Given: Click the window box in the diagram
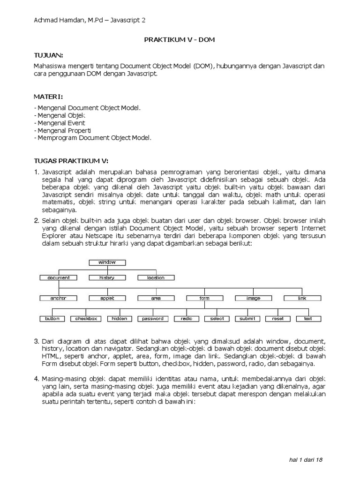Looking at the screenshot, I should (107, 262).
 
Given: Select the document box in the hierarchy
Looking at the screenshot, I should (59, 277).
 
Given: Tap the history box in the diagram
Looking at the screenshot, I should (107, 277).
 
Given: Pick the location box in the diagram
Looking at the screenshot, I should (156, 277).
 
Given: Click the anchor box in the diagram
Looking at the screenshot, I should (59, 298).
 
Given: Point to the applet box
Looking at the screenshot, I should (107, 298).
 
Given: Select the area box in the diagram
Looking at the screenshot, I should (156, 298).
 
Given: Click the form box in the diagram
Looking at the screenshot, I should (204, 298).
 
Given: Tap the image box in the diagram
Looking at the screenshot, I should (253, 298).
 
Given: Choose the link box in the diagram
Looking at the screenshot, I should (302, 298).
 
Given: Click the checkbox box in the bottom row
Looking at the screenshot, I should (86, 319).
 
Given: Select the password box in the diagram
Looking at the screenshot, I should (153, 319).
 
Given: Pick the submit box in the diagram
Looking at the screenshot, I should (247, 319).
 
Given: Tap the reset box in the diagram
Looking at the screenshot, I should (277, 319).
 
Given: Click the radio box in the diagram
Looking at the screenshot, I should (186, 319).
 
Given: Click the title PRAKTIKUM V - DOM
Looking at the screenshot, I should (180, 40).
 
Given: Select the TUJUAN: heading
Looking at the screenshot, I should (48, 55).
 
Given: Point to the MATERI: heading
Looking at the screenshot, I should (48, 97).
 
